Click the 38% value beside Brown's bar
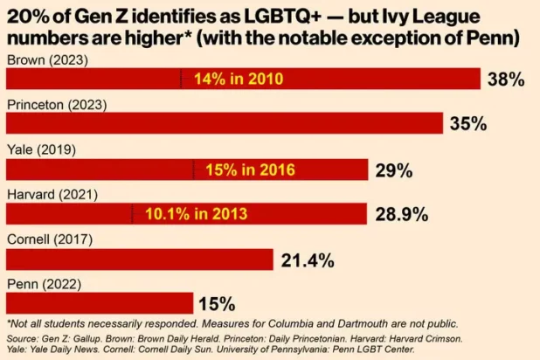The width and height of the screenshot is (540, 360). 505,80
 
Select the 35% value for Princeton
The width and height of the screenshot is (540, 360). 467,124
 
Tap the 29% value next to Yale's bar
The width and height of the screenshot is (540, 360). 393,170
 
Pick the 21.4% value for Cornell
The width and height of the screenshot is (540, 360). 308,260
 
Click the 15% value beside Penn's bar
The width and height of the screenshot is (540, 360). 217,304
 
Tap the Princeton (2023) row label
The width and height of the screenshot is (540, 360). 56,104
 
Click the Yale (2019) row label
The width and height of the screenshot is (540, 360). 41,149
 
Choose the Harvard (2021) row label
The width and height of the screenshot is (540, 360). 52,194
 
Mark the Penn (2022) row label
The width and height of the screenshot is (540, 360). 43,284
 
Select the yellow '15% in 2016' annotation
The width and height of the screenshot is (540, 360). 250,170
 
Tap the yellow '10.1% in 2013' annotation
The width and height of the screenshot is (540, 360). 196,213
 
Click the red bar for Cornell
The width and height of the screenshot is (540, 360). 140,260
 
